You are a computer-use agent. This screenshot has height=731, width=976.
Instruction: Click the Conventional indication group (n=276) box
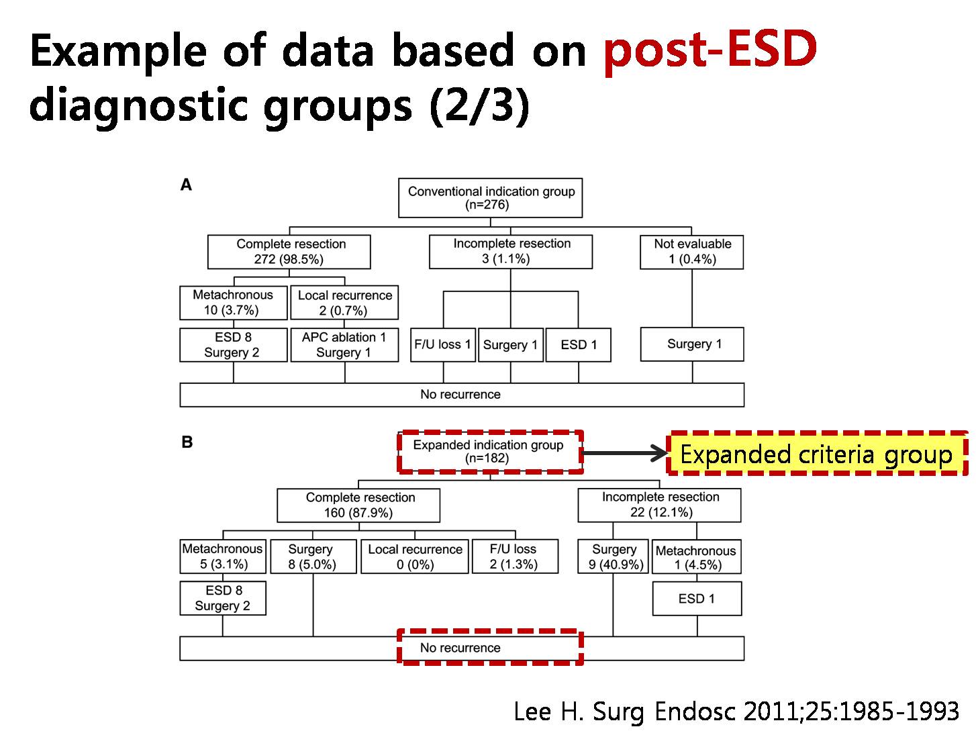pos(489,197)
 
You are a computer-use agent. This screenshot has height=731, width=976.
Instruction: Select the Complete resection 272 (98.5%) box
pos(289,252)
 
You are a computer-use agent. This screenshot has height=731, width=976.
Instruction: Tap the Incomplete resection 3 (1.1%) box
pos(510,251)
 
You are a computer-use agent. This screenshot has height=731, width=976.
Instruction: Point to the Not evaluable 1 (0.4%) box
pos(691,252)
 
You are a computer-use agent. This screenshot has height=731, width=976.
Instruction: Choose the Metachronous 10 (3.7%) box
pos(233,302)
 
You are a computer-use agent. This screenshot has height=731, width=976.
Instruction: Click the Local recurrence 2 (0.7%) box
pos(344,302)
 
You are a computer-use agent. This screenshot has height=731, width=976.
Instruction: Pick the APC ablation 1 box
pos(344,344)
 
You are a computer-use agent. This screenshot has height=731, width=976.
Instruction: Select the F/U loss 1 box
pos(443,344)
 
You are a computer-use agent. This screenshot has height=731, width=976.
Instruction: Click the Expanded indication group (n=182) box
pos(489,451)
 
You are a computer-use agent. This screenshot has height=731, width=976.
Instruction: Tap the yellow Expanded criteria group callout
pos(817,453)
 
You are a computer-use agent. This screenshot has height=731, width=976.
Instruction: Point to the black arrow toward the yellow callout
pos(624,453)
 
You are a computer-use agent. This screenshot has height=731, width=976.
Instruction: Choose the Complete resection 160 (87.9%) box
pos(358,505)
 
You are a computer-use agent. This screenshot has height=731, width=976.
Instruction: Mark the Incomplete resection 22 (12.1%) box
pos(659,505)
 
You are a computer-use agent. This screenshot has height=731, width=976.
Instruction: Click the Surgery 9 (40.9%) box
pos(613,556)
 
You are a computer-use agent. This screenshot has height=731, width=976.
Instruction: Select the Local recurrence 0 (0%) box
pos(414,556)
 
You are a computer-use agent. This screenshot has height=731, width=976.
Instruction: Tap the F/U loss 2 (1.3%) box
pos(514,556)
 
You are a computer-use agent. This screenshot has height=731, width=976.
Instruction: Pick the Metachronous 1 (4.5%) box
pos(696,556)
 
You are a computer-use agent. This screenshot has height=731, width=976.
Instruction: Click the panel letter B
pos(187,442)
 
